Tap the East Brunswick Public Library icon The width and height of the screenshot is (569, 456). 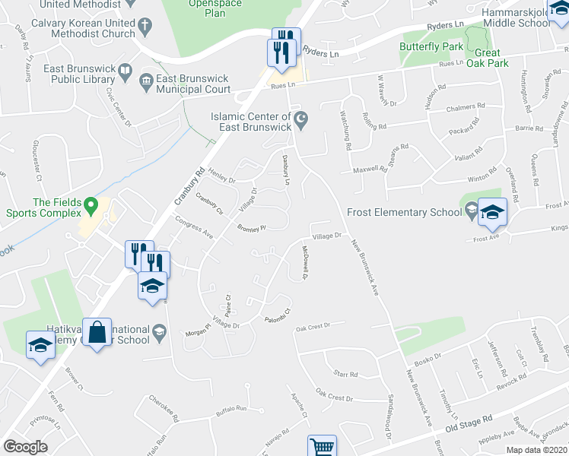[124, 74]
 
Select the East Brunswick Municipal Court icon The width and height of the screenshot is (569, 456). [145, 79]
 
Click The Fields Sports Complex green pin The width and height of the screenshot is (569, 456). [91, 205]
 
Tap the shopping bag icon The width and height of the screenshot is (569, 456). [97, 332]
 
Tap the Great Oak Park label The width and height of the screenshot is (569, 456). [492, 58]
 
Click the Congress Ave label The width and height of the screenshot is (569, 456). [193, 226]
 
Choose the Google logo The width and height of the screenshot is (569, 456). [25, 447]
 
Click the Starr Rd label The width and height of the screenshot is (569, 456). [345, 373]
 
